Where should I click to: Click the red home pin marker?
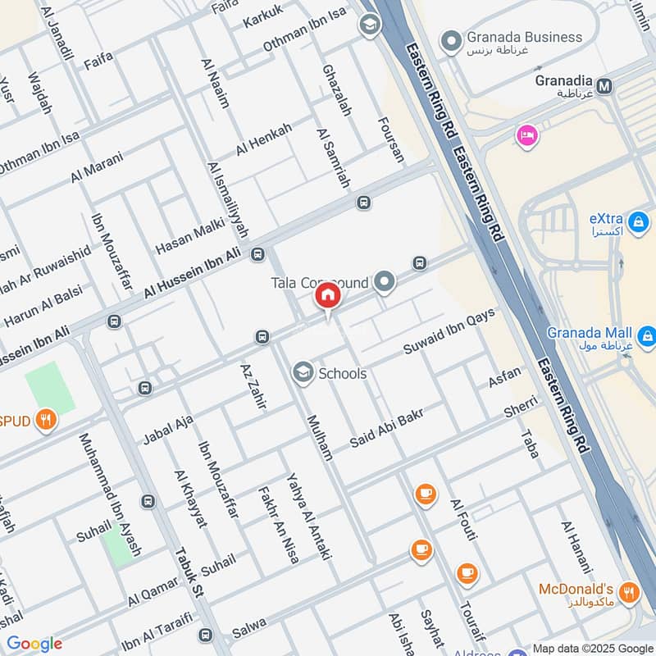328,296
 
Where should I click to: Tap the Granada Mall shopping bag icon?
647,335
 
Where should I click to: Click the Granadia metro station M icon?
605,85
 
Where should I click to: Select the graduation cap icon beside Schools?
303,373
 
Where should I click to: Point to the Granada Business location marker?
451,39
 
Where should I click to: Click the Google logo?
34,644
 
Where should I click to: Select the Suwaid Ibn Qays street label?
449,333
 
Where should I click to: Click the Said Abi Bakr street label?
387,429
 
